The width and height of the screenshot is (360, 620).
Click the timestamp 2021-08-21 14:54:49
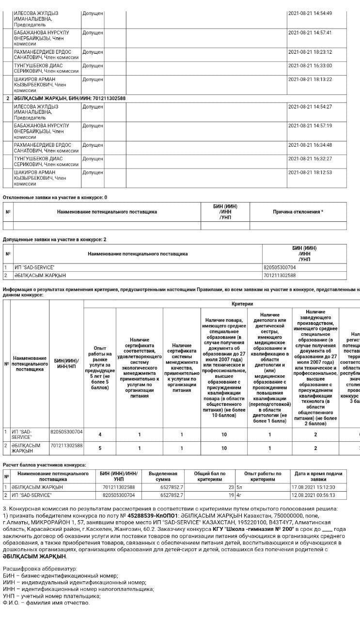pyautogui.click(x=310, y=13)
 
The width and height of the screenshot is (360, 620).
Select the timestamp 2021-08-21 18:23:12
pyautogui.click(x=310, y=52)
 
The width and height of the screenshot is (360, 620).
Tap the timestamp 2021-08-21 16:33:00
pyautogui.click(x=310, y=65)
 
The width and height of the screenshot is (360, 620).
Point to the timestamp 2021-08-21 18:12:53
pyautogui.click(x=310, y=172)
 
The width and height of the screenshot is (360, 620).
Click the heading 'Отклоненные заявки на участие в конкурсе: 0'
pyautogui.click(x=55, y=198)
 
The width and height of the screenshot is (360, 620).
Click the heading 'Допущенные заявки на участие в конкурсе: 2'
pyautogui.click(x=54, y=239)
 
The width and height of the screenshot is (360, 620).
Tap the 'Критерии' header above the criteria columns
pyautogui.click(x=242, y=304)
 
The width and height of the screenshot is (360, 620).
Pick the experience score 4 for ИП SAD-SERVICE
pyautogui.click(x=100, y=434)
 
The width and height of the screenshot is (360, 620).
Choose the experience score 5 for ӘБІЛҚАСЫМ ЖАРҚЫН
pyautogui.click(x=100, y=448)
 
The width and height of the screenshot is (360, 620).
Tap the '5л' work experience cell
pyautogui.click(x=239, y=487)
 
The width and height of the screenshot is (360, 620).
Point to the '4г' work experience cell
pyautogui.click(x=239, y=496)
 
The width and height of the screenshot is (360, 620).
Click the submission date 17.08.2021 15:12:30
pyautogui.click(x=313, y=487)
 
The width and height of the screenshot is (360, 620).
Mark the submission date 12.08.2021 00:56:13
pyautogui.click(x=313, y=496)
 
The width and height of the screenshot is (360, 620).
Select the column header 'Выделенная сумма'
pyautogui.click(x=163, y=476)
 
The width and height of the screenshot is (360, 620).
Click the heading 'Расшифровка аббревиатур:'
pyautogui.click(x=40, y=569)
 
